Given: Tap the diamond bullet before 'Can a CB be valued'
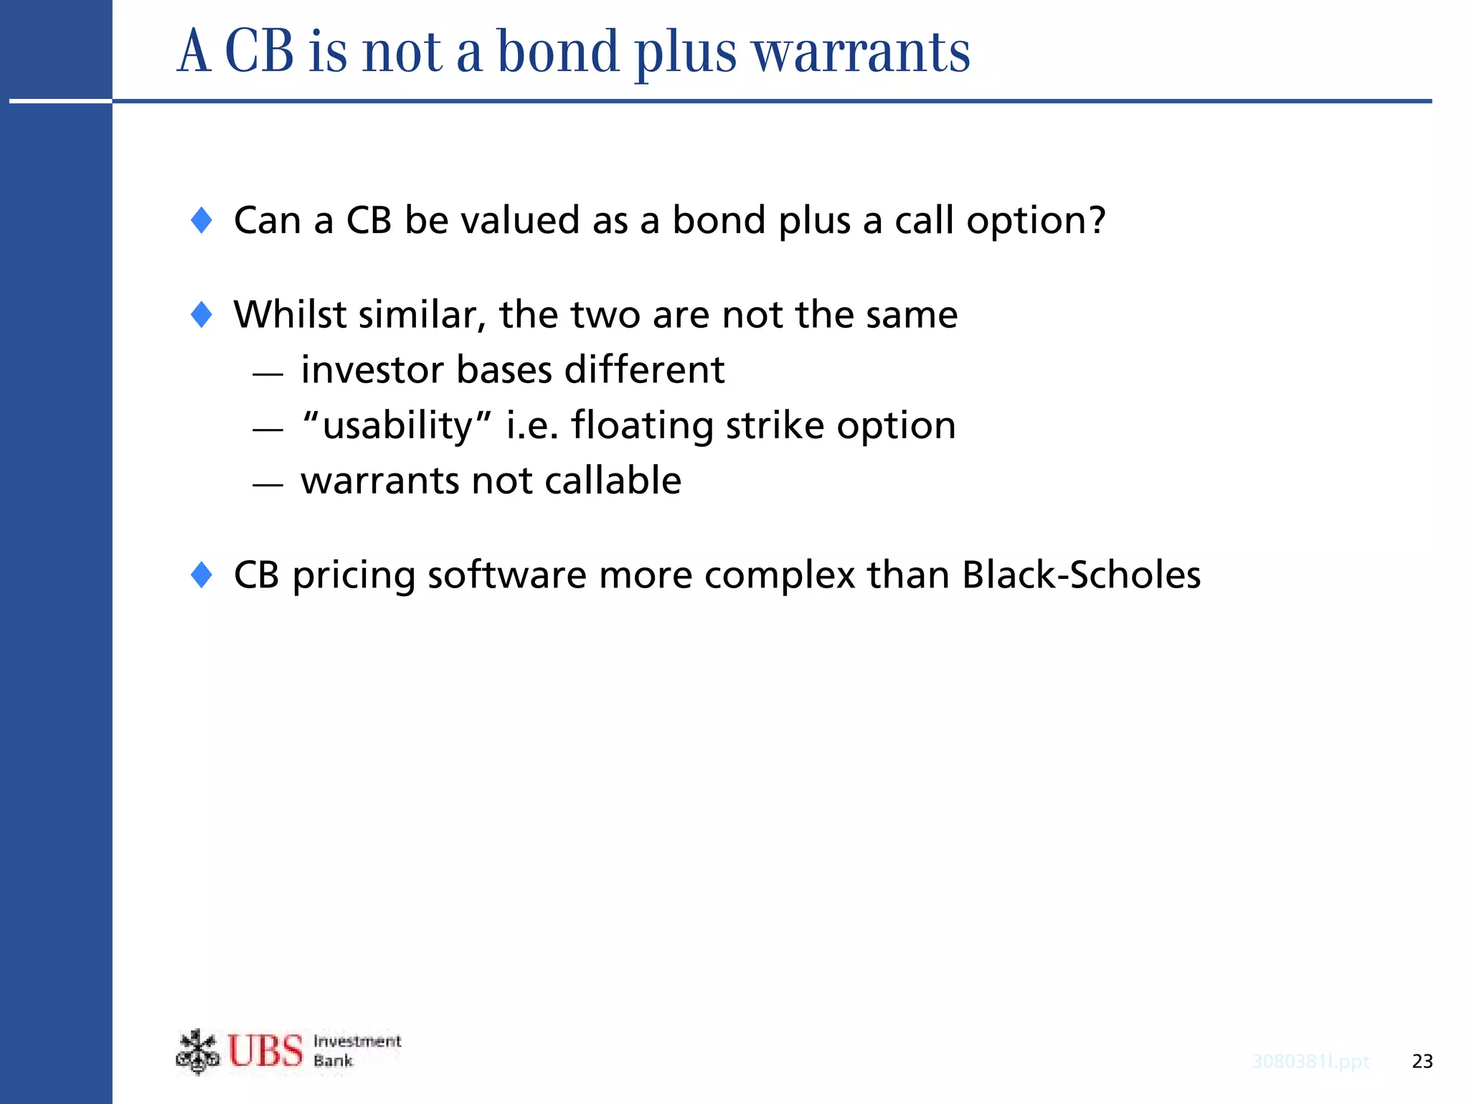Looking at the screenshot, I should click(x=202, y=220).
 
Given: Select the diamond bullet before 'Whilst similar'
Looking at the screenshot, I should click(x=202, y=315).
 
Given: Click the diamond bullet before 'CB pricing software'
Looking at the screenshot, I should click(x=202, y=575).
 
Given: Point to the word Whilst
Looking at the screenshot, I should click(x=289, y=314).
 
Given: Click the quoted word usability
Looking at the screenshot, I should click(x=397, y=425).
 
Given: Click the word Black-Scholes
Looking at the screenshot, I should click(x=1081, y=575).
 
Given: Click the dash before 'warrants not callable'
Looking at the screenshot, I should click(x=268, y=485).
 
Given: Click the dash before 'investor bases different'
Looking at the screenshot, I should click(x=268, y=374).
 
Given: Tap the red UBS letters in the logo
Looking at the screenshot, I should click(x=265, y=1052).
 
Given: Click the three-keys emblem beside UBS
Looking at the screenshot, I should click(x=197, y=1052).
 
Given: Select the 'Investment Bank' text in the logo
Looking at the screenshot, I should click(x=356, y=1051).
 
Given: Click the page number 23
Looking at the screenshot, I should click(x=1422, y=1061).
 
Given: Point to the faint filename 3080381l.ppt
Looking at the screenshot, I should click(x=1310, y=1061).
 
